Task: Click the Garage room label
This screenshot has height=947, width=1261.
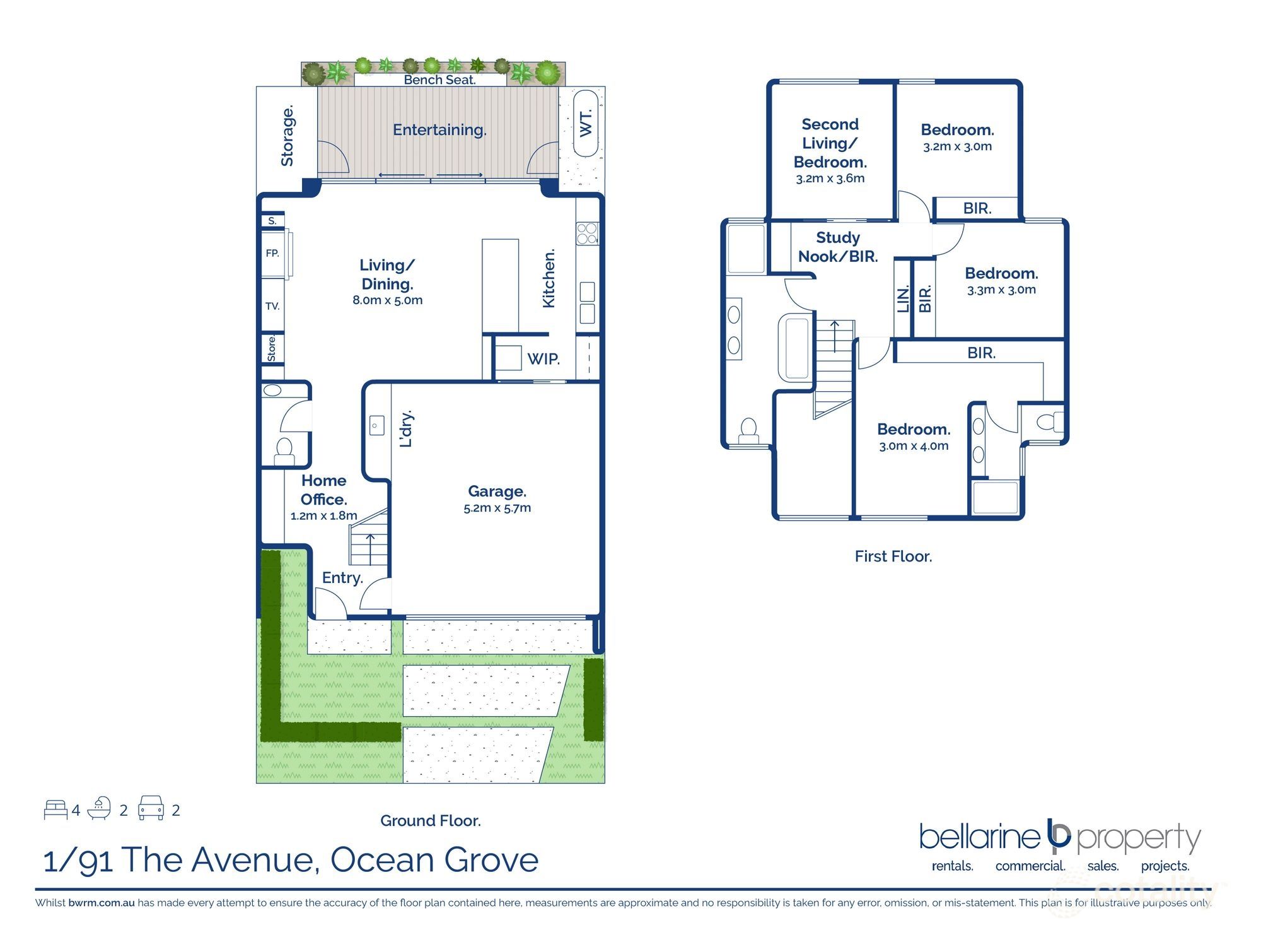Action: point(497,491)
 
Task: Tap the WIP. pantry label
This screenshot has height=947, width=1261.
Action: point(543,359)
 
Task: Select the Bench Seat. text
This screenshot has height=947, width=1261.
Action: point(439,80)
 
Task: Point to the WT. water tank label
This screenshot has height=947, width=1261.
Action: point(586,123)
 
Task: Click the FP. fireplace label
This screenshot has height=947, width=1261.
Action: point(272,253)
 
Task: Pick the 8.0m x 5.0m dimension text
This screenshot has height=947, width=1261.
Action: point(387,300)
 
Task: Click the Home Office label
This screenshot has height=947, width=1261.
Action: point(323,490)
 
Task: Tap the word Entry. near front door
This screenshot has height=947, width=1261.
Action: point(342,578)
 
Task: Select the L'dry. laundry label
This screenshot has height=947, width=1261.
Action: point(407,428)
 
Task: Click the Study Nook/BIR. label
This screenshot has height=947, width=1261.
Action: point(837,247)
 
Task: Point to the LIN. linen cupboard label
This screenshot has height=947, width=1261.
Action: point(903,299)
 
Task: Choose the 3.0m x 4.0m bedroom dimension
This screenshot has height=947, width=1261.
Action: point(914,446)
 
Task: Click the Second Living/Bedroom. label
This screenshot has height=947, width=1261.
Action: point(830,143)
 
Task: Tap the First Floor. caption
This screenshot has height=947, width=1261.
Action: point(893,556)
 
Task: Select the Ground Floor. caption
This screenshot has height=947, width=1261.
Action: point(430,821)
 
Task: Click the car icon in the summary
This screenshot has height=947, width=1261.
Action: point(151,808)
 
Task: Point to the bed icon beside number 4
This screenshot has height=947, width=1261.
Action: point(55,809)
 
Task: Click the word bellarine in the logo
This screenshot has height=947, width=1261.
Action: point(979,837)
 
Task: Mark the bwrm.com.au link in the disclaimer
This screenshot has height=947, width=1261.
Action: point(102,903)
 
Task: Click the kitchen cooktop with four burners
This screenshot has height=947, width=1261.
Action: point(587,233)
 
